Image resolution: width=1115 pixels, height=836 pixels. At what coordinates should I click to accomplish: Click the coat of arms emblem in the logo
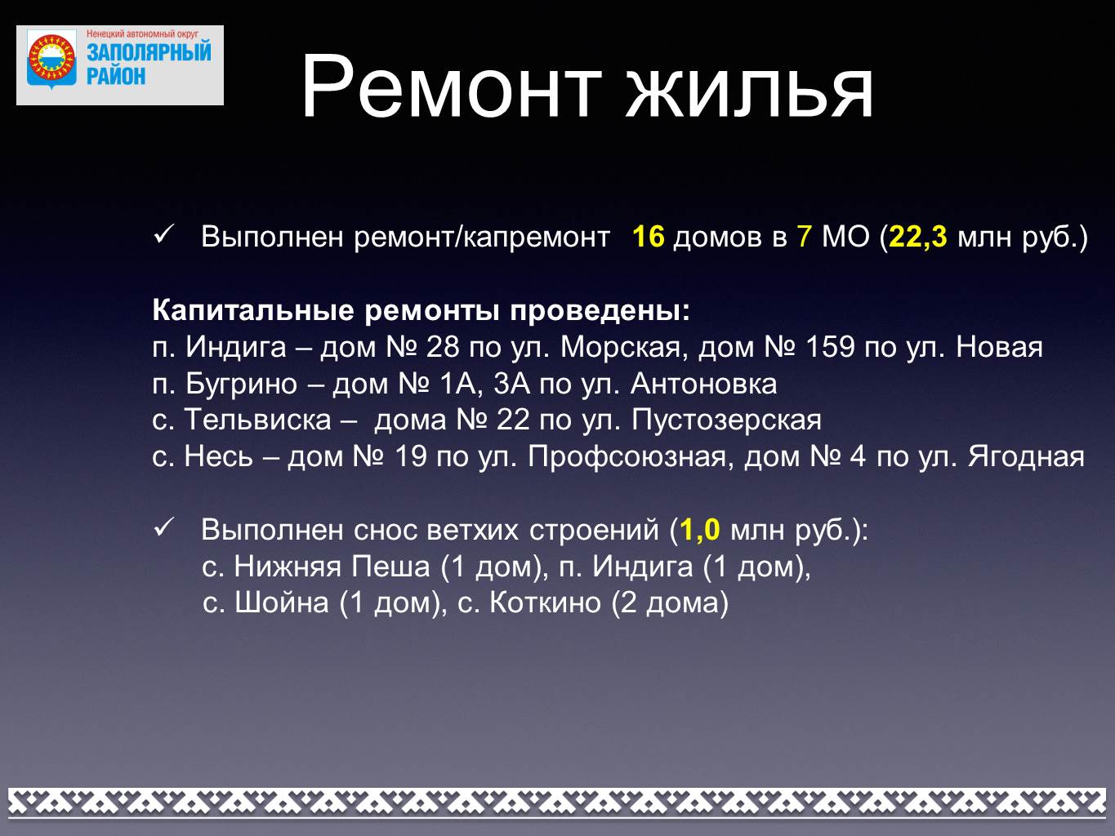coord(51,61)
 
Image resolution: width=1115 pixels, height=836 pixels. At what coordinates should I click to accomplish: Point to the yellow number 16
coord(649,237)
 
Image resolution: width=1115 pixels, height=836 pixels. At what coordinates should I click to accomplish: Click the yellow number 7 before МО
coord(804,237)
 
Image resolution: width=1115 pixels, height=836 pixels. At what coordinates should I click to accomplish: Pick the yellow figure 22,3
coord(918,237)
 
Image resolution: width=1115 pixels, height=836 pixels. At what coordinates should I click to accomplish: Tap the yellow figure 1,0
coord(699,530)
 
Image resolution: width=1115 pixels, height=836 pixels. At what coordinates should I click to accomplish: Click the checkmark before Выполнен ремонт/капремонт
coord(163,234)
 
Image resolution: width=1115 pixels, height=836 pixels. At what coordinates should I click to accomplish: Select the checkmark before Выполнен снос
coord(163,528)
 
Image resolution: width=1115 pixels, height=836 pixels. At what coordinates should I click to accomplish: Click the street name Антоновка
coord(703,385)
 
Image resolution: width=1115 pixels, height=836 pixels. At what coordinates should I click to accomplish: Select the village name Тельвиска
coord(257,420)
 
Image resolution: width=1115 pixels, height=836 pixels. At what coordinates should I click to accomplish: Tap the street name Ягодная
coord(1026,457)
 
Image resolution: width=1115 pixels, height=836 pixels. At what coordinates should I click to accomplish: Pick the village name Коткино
coord(545,603)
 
